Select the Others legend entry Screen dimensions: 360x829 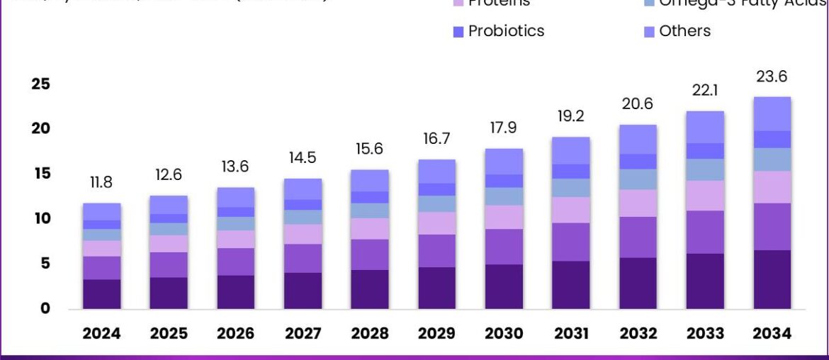point(684,31)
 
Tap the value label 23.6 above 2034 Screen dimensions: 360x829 point(772,77)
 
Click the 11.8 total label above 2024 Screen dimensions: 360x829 point(101,183)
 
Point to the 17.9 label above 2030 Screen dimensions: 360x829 point(503,128)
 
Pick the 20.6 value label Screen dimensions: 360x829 point(637,104)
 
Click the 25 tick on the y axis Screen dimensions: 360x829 point(41,84)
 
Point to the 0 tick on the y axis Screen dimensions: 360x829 point(45,308)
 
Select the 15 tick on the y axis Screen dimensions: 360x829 point(41,174)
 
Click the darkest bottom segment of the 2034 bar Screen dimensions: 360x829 point(772,279)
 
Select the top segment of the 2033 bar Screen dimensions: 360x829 point(704,127)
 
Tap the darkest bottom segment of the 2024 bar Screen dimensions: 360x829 point(101,294)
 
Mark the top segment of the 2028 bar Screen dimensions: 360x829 point(369,180)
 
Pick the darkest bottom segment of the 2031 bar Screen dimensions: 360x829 point(570,285)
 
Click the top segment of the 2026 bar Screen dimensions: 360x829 point(235,197)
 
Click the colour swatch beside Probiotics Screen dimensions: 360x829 point(458,32)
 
